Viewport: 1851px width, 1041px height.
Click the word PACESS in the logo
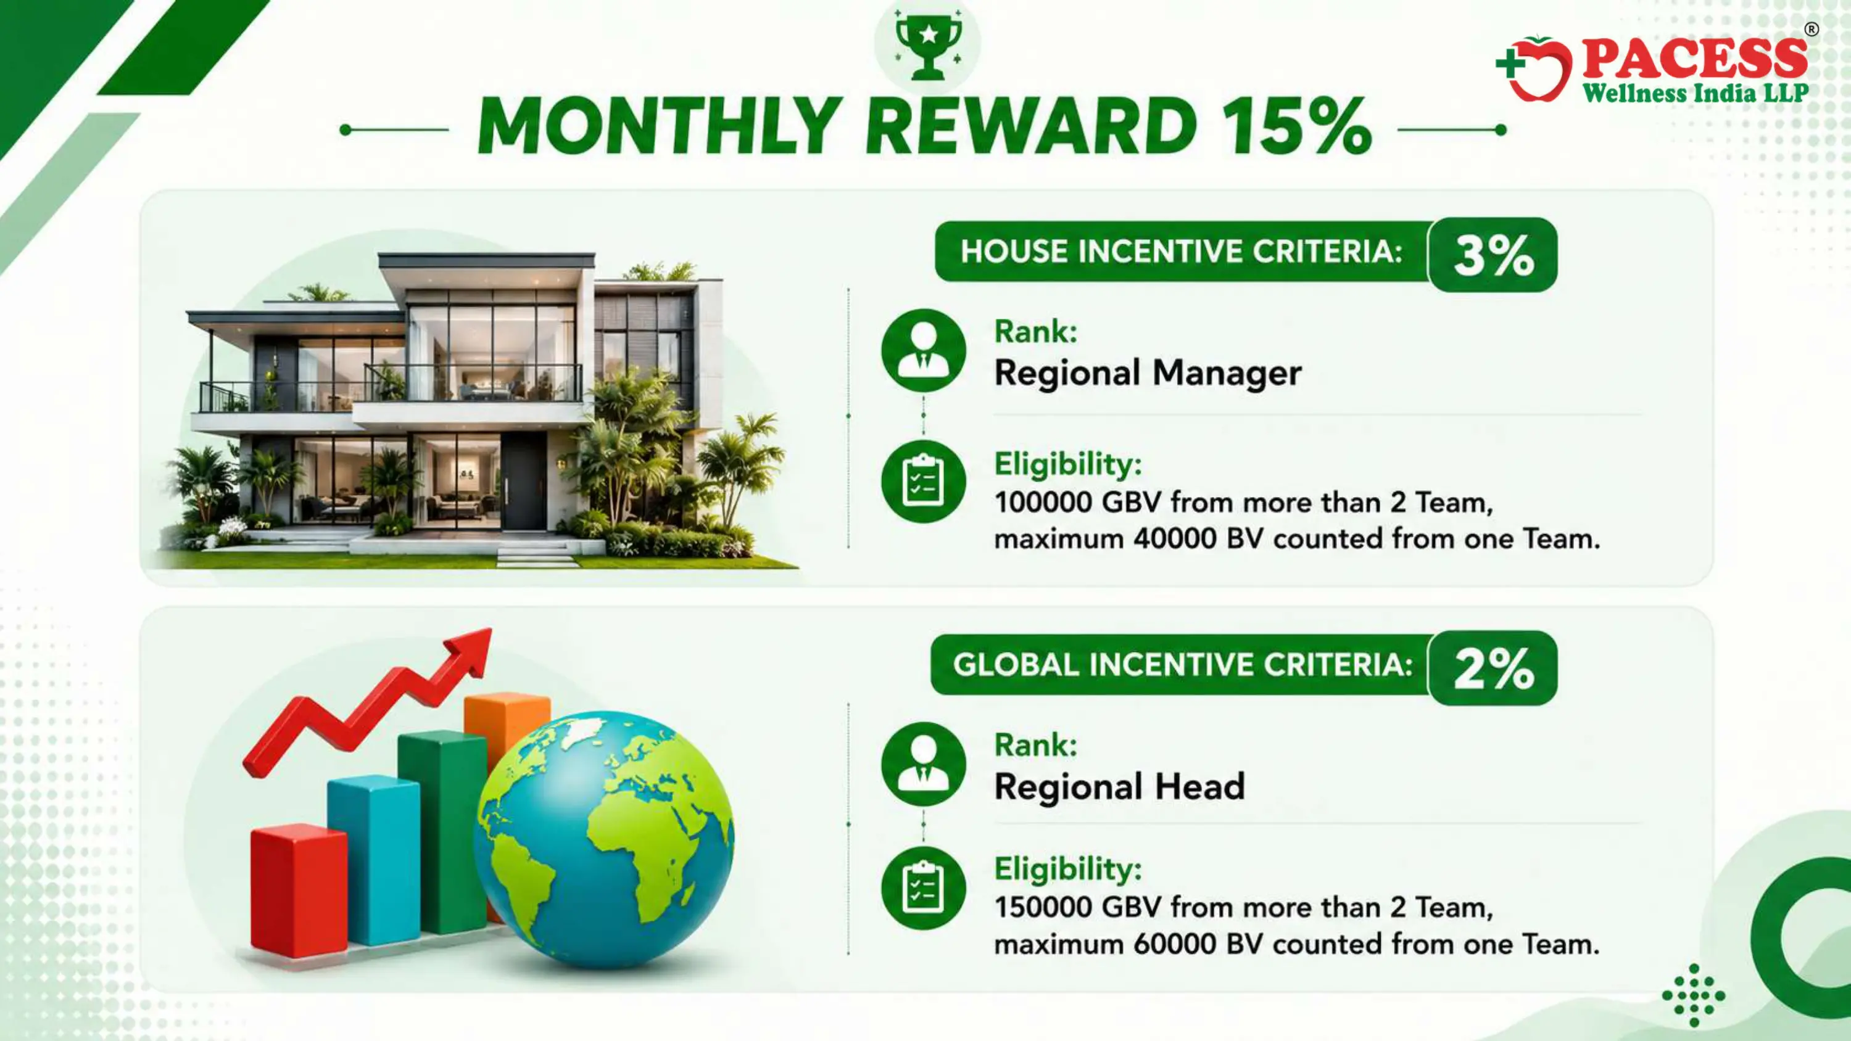pyautogui.click(x=1694, y=58)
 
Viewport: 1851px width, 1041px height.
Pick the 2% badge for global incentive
pyautogui.click(x=1493, y=668)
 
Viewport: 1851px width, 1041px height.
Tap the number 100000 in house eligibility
pyautogui.click(x=1043, y=502)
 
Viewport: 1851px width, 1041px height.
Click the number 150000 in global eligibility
pyautogui.click(x=1043, y=907)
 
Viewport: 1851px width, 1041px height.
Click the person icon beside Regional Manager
pyautogui.click(x=924, y=350)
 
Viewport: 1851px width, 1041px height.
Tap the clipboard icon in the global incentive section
pyautogui.click(x=924, y=889)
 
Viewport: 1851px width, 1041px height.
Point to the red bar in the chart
pyautogui.click(x=299, y=892)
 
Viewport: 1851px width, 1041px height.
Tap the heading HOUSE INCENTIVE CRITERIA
pyautogui.click(x=1182, y=252)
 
